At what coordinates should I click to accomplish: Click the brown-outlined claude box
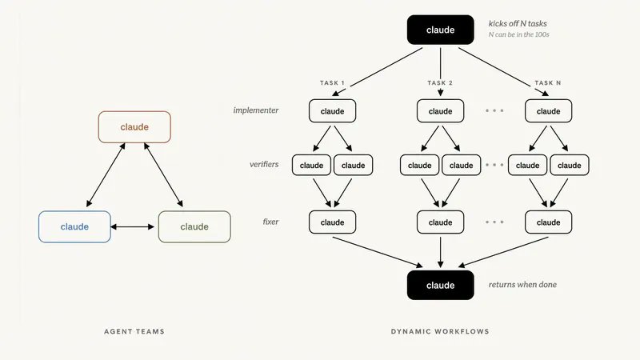click(134, 127)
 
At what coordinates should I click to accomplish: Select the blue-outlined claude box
click(74, 226)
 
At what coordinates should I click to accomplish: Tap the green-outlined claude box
click(194, 226)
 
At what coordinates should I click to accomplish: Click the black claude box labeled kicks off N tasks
click(441, 30)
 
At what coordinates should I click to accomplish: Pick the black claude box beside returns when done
click(441, 285)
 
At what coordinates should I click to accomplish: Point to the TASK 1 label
click(332, 83)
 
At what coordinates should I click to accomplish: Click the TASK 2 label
click(440, 83)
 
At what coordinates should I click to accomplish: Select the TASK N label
click(548, 83)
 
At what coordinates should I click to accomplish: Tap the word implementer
click(256, 110)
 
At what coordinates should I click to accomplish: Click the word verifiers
click(264, 164)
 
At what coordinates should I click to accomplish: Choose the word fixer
click(270, 222)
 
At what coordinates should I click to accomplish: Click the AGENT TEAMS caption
click(134, 331)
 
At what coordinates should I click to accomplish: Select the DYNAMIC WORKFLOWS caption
click(440, 331)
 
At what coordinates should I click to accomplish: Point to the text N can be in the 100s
click(518, 34)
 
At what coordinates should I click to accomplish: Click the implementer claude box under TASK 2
click(441, 111)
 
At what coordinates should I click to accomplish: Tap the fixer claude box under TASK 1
click(332, 222)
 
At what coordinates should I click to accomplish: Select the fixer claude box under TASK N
click(548, 222)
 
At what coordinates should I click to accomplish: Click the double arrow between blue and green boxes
click(133, 226)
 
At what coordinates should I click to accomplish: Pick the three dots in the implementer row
click(494, 110)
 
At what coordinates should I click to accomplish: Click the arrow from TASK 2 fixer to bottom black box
click(441, 252)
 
